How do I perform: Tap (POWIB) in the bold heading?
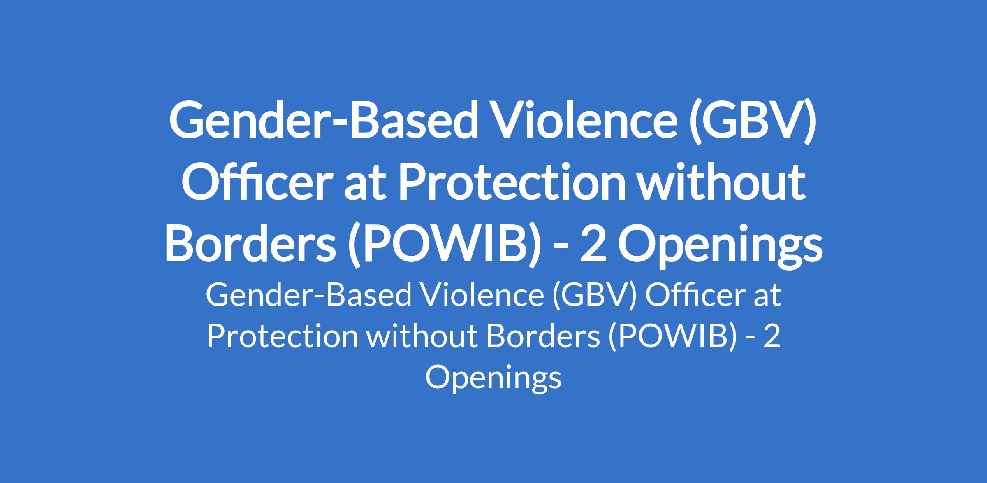point(444,245)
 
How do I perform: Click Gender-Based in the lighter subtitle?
point(308,296)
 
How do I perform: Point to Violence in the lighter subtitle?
point(482,295)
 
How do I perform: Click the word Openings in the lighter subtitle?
point(493,378)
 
